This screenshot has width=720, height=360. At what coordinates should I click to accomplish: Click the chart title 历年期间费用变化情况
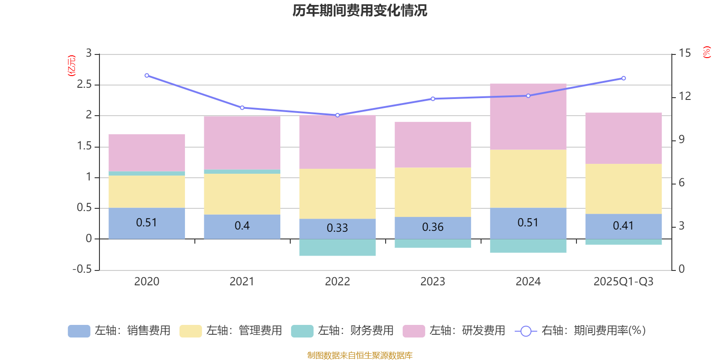click(360, 10)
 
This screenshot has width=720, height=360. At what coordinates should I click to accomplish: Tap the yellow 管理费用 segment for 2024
click(528, 178)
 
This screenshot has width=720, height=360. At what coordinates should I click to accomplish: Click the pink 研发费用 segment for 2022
click(337, 142)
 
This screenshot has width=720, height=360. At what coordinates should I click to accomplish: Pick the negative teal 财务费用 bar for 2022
click(337, 247)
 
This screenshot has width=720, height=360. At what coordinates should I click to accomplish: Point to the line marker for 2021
click(242, 108)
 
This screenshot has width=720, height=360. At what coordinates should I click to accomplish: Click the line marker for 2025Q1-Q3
click(623, 78)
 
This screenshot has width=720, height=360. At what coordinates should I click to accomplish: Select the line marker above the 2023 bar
click(433, 99)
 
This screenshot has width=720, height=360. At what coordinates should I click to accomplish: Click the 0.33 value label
click(337, 228)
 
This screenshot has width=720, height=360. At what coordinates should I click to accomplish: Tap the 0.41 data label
click(623, 225)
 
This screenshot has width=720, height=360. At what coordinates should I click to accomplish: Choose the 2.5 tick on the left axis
click(84, 85)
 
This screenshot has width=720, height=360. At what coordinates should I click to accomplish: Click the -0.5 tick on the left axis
click(82, 269)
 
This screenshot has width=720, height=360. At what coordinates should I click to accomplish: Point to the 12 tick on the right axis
click(685, 96)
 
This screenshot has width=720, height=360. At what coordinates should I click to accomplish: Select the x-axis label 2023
click(433, 282)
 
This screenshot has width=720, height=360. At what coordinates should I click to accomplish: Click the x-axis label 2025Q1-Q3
click(623, 282)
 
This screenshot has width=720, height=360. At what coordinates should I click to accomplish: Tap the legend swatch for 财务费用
click(302, 331)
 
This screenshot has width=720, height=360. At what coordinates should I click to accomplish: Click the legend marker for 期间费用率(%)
click(526, 331)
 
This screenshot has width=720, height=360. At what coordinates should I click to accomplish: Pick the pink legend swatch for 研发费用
click(414, 331)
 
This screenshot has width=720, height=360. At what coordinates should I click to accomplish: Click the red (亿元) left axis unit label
click(71, 66)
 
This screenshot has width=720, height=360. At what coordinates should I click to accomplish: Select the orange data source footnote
click(360, 355)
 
